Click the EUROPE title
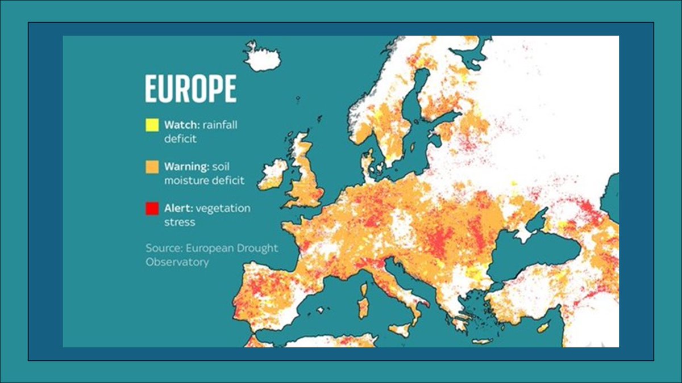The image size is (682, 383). click(190, 89)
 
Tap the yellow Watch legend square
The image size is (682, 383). click(152, 125)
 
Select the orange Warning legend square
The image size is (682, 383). click(152, 167)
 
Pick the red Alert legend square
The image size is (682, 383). click(152, 208)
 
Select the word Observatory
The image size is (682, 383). click(177, 262)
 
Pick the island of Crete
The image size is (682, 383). click(482, 341)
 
